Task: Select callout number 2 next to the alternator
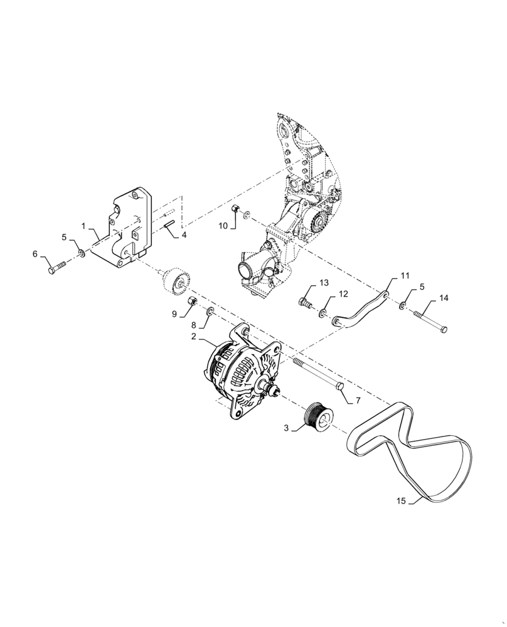195,337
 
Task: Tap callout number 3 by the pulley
286,428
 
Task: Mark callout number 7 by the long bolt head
358,399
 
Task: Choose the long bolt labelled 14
430,319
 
